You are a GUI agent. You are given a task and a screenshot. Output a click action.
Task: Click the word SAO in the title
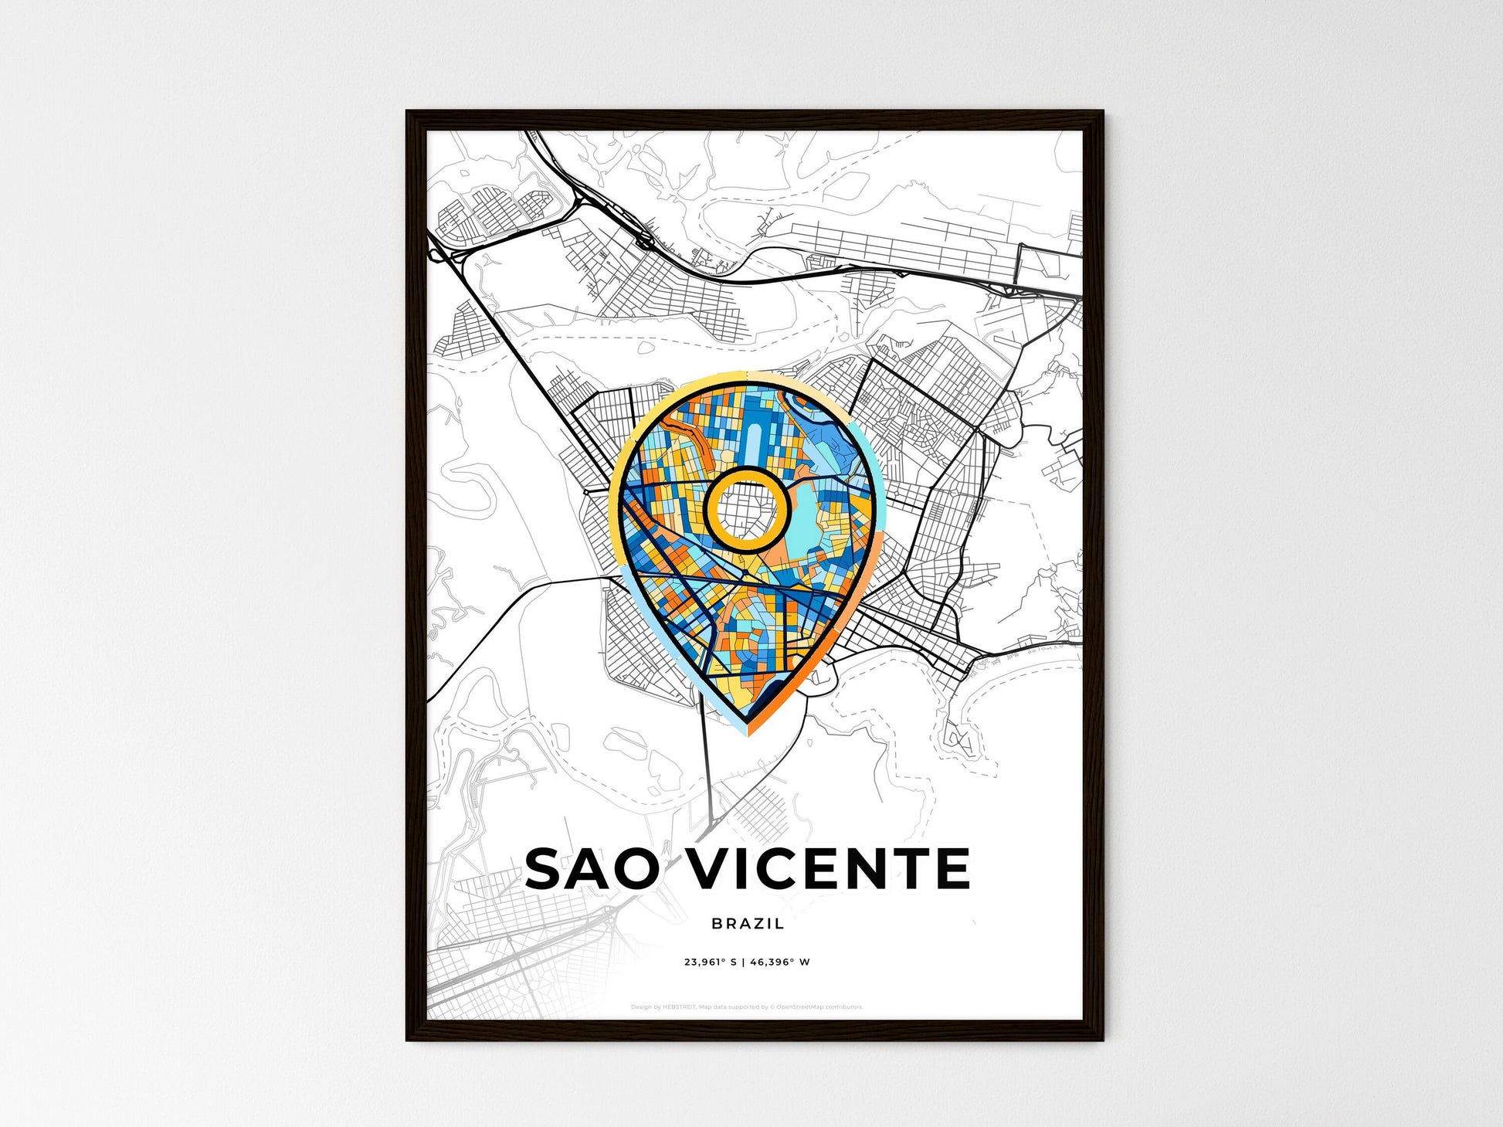592,868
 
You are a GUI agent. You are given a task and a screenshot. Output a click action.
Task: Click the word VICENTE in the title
828,868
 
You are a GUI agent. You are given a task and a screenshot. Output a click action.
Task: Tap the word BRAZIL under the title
748,923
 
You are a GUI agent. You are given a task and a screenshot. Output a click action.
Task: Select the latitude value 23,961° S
711,962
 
